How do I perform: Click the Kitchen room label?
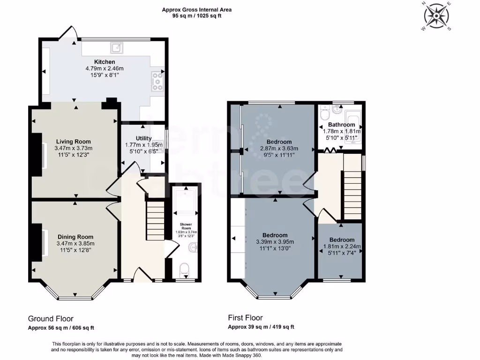pos(104,62)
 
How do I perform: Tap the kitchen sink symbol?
pos(115,47)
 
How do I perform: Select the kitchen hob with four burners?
pos(157,81)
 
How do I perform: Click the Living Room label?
pos(73,142)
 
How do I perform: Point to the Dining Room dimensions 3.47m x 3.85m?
pos(75,243)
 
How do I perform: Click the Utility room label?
pos(143,138)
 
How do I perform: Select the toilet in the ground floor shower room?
pos(184,269)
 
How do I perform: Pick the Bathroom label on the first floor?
pos(341,125)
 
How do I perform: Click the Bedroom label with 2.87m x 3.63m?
pos(279,142)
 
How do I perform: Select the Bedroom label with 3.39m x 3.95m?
pos(275,235)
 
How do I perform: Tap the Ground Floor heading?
pos(51,319)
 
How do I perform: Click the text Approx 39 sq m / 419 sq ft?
pos(261,327)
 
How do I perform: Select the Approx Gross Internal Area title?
pos(196,9)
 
